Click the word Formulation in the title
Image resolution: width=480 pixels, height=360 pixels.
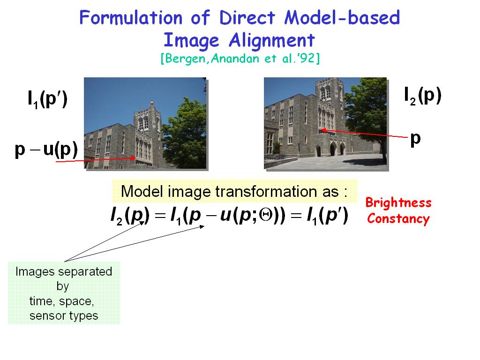coord(131,17)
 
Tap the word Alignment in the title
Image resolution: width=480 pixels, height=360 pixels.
coord(272,40)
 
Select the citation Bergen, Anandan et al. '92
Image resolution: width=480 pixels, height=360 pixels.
coord(240,58)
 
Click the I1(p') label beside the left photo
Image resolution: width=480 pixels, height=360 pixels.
coord(47,99)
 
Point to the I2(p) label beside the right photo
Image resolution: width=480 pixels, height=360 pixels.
coord(423,96)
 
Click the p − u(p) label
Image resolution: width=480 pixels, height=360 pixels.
coord(46,150)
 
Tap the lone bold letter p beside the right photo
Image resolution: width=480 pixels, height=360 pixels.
coord(415,139)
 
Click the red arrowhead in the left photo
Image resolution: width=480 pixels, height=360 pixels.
coord(133,158)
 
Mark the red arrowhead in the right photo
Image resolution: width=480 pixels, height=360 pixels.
coord(322,130)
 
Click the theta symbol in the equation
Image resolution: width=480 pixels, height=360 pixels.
coord(266,215)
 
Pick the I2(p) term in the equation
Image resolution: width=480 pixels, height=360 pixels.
coord(130,216)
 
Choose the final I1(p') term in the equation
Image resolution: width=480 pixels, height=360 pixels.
coord(327,216)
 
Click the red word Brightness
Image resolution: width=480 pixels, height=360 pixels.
coord(398,203)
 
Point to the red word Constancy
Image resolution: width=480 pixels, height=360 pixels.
coord(398,219)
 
